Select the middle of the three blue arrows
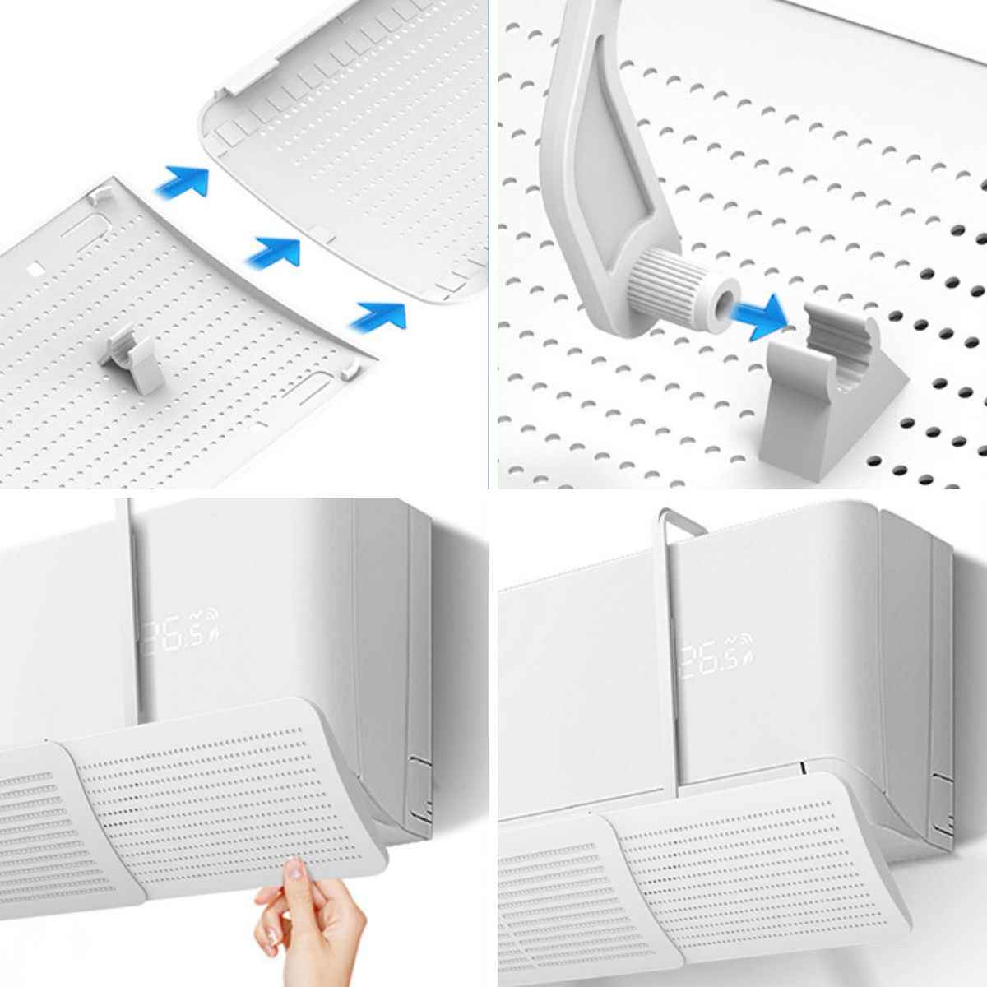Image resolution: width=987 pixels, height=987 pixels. [275, 253]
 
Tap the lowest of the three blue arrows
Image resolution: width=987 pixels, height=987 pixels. [380, 317]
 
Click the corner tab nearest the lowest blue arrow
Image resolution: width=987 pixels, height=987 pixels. [350, 371]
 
